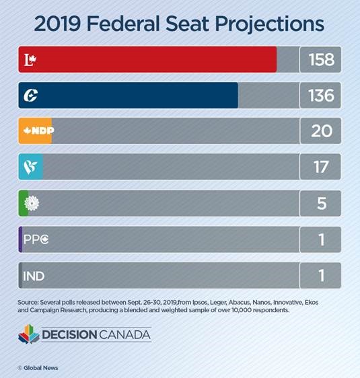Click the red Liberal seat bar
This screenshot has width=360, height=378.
point(148,59)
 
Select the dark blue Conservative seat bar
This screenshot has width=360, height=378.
point(128,96)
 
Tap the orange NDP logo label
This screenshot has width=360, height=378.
point(36,131)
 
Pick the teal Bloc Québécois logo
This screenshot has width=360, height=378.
point(30,167)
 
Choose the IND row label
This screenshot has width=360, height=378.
point(33,276)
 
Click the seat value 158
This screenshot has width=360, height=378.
point(321,59)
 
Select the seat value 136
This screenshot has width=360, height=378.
point(321,96)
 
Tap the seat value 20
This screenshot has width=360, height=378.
point(321,131)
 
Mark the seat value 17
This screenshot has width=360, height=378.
point(321,167)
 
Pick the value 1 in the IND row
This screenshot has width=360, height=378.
point(321,276)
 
